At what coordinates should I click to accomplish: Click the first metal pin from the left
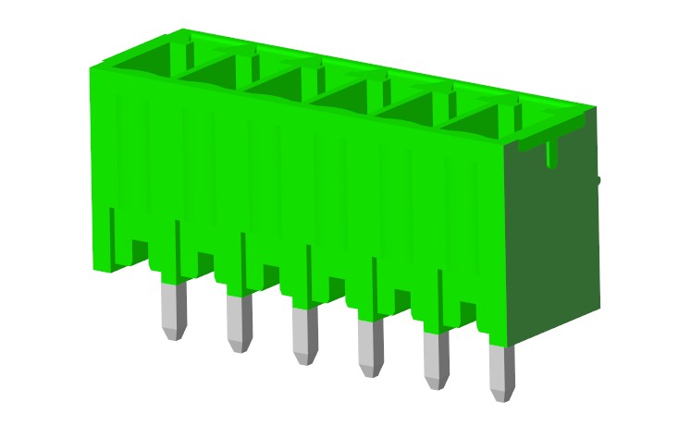click(x=173, y=309)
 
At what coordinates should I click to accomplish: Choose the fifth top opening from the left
click(x=414, y=109)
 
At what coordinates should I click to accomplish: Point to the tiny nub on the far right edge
click(x=598, y=180)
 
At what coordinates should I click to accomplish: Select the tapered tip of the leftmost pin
click(x=173, y=334)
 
